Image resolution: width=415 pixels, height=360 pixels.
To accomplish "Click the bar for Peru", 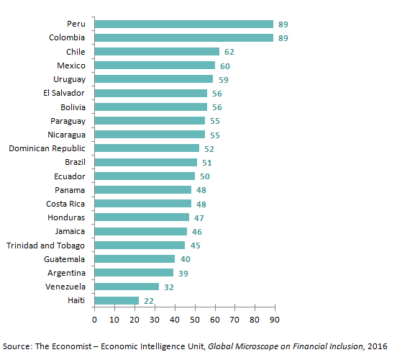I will pos(184,24).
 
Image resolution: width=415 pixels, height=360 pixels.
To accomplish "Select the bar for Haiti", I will pos(117,300).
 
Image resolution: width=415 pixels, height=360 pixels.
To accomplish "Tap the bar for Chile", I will pos(157,51).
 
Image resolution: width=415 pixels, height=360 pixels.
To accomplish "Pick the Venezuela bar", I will pos(127,287).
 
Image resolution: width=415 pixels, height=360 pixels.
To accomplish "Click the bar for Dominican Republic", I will pos(147,148).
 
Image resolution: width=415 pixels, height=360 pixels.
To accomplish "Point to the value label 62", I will pos(229,52).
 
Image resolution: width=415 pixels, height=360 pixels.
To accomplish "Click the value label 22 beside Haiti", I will pos(150,301).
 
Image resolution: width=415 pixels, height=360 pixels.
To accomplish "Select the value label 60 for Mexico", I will pos(225,66).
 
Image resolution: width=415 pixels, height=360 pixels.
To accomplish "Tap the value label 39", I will pos(183,273).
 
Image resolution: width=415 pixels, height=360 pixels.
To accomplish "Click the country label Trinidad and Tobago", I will pos(45,245).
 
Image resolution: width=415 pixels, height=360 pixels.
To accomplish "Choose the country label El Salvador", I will pos(64,93).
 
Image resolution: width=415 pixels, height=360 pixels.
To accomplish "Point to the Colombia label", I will pos(66,37).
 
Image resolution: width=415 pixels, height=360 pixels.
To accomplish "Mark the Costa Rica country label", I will pos(65,204).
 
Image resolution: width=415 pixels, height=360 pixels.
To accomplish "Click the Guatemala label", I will pos(64,259).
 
